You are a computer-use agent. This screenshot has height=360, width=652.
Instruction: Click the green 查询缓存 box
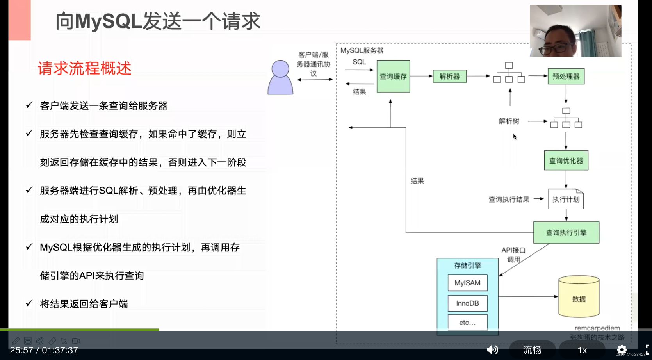[x=393, y=76]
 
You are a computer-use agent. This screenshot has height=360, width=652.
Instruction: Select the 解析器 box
[x=449, y=76]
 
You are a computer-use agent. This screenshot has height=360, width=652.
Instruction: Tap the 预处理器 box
[x=566, y=76]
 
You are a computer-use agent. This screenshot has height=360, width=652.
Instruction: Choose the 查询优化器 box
[x=566, y=160]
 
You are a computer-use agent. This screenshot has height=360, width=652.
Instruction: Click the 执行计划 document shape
[x=566, y=200]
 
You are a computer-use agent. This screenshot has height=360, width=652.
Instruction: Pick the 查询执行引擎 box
[x=566, y=233]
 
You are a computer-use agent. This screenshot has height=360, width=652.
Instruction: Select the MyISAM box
[x=467, y=283]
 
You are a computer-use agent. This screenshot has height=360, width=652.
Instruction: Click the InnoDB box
[x=467, y=303]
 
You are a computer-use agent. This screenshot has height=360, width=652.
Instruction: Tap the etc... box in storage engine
[x=467, y=323]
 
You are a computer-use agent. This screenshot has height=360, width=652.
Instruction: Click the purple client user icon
[x=280, y=78]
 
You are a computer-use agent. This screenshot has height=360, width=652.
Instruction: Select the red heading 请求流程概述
[x=85, y=68]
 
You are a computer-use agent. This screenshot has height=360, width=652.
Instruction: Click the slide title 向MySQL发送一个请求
[x=158, y=21]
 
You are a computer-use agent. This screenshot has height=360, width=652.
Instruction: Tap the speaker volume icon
[x=492, y=349]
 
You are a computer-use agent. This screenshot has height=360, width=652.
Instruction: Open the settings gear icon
[x=622, y=349]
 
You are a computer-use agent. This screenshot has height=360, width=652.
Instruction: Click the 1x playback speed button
[x=582, y=350]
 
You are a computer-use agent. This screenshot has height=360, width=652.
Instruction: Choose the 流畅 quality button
[x=532, y=350]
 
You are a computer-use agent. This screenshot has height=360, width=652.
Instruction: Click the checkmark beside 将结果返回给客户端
[x=29, y=303]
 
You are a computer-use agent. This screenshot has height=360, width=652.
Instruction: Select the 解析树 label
[x=509, y=121]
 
